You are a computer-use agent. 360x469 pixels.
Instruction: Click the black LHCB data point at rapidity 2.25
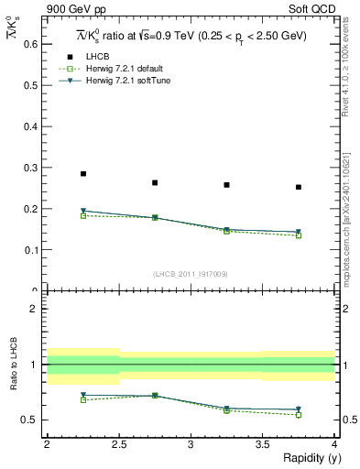pos(83,173)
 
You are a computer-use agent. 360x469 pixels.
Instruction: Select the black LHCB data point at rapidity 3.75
pos(299,187)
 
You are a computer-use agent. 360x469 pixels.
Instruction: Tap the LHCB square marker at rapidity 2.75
pos(155,182)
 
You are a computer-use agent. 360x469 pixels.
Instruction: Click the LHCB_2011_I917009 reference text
pos(191,274)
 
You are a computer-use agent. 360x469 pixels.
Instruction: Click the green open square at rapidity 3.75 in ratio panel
pos(299,415)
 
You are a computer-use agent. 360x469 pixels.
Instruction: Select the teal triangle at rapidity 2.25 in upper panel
pos(83,211)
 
